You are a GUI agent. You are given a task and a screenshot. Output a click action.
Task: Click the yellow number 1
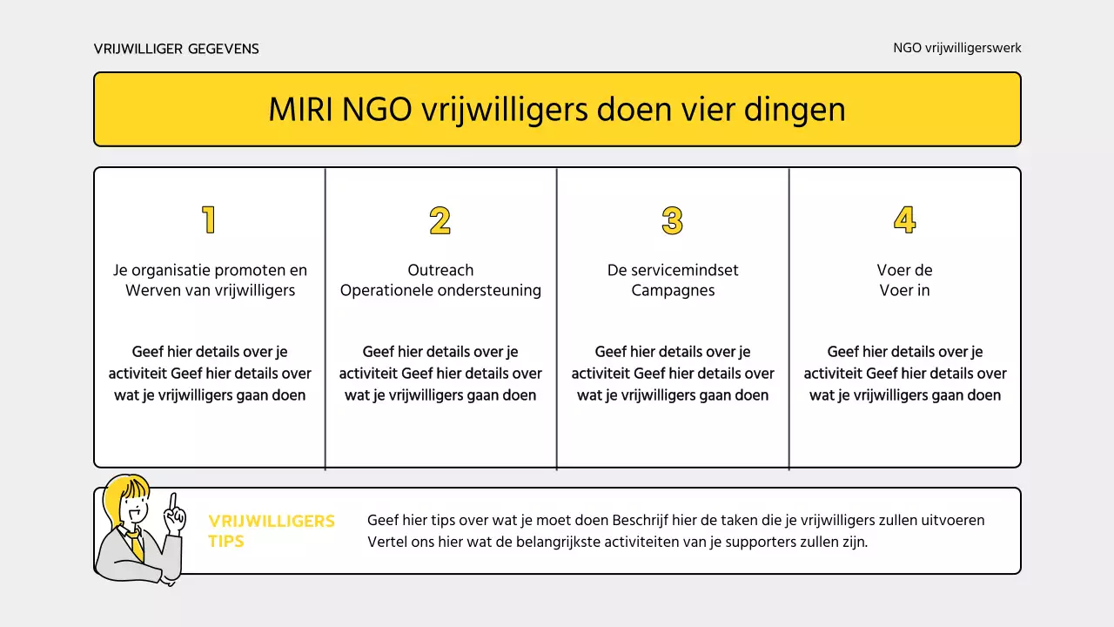pos(209,220)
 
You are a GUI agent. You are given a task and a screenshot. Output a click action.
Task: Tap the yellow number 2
pos(440,220)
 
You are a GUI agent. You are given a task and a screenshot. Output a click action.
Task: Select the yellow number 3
pos(672,220)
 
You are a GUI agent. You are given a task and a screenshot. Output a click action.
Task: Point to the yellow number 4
pos(904,220)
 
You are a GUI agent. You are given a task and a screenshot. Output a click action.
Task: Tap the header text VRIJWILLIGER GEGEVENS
pos(177,49)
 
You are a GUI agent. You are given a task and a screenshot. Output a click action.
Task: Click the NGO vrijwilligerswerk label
pos(957,49)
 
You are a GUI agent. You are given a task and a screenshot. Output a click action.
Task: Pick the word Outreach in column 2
pos(440,270)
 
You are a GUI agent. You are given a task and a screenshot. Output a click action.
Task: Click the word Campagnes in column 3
pos(673,291)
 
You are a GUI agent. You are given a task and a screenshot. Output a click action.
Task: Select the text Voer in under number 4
pos(904,291)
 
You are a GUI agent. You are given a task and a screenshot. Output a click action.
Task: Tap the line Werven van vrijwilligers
pos(210,291)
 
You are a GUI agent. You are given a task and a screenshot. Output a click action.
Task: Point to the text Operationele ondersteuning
pos(440,291)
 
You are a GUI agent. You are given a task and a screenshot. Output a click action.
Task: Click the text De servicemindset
pos(673,270)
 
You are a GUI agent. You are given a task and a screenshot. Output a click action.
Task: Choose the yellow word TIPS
pos(226,542)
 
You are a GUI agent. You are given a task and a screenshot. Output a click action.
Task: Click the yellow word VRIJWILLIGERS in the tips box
pos(272,521)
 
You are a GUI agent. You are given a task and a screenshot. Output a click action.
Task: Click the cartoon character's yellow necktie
pos(137,546)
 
